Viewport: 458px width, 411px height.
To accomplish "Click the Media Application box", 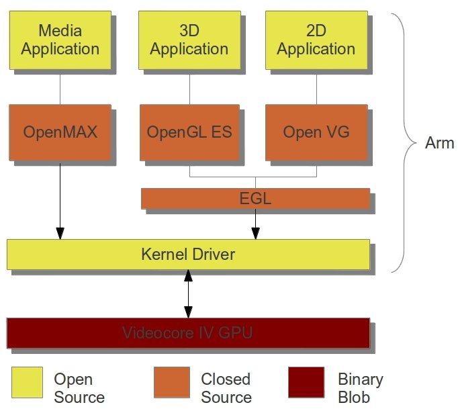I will point(60,40).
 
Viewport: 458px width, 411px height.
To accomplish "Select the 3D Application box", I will point(189,40).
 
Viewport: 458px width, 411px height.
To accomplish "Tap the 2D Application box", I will point(316,40).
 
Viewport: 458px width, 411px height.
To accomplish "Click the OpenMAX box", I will point(60,132).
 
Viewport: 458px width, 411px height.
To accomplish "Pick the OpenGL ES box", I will point(189,132).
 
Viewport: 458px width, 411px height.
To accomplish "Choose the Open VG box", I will point(316,132).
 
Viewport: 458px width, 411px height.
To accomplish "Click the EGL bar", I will point(255,198).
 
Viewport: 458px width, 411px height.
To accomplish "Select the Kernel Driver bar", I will point(188,254).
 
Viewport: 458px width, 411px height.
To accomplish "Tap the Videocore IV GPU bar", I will point(188,332).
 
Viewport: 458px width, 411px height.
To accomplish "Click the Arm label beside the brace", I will point(440,143).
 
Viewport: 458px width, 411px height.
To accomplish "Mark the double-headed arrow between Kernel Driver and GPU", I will point(188,293).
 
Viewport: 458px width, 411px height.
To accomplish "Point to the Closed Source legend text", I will point(226,388).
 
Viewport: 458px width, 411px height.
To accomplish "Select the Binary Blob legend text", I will point(360,388).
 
